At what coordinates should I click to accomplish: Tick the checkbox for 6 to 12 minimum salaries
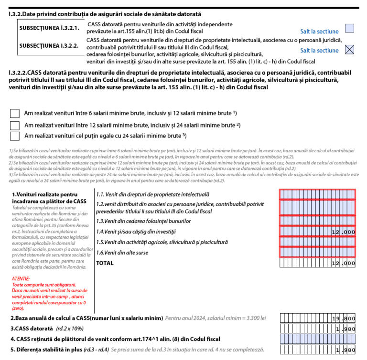coord(15,113)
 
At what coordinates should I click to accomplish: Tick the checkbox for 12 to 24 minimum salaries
coord(15,125)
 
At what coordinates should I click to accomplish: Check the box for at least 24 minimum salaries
coord(15,136)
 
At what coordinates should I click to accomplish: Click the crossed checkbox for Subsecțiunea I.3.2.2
coord(350,50)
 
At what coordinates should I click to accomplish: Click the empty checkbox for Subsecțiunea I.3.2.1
coord(350,29)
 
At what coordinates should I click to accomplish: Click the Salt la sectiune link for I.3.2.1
coord(319,32)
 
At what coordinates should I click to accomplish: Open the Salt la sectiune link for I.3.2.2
coord(319,51)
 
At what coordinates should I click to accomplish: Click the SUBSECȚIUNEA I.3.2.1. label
coord(49,28)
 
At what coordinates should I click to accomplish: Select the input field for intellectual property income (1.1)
coord(318,194)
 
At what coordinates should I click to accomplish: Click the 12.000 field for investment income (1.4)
coord(318,232)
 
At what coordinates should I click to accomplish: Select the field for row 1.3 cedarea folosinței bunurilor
coord(318,220)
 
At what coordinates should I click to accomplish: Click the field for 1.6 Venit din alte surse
coord(318,252)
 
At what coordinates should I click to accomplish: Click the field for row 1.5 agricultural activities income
coord(318,242)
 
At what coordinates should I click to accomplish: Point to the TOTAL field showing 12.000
coord(318,263)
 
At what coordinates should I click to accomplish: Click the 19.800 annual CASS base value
coord(318,318)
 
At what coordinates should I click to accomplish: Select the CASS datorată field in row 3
coord(318,329)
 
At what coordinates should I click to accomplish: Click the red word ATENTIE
coord(21,278)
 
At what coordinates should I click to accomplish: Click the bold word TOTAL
coord(105,263)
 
